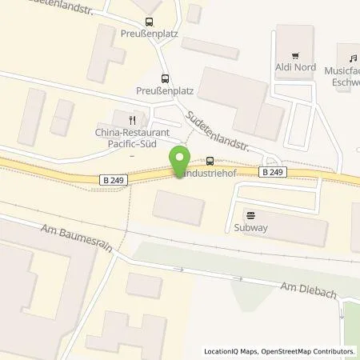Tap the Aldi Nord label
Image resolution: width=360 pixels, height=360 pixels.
coord(295,68)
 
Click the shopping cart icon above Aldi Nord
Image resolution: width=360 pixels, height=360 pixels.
coord(295,55)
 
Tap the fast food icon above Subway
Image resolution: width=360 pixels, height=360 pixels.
coord(250,214)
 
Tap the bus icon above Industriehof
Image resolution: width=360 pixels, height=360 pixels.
coord(210,160)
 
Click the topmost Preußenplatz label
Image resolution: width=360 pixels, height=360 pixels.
coord(147,34)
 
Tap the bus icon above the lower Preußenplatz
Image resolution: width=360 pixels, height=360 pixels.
coord(165,78)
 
